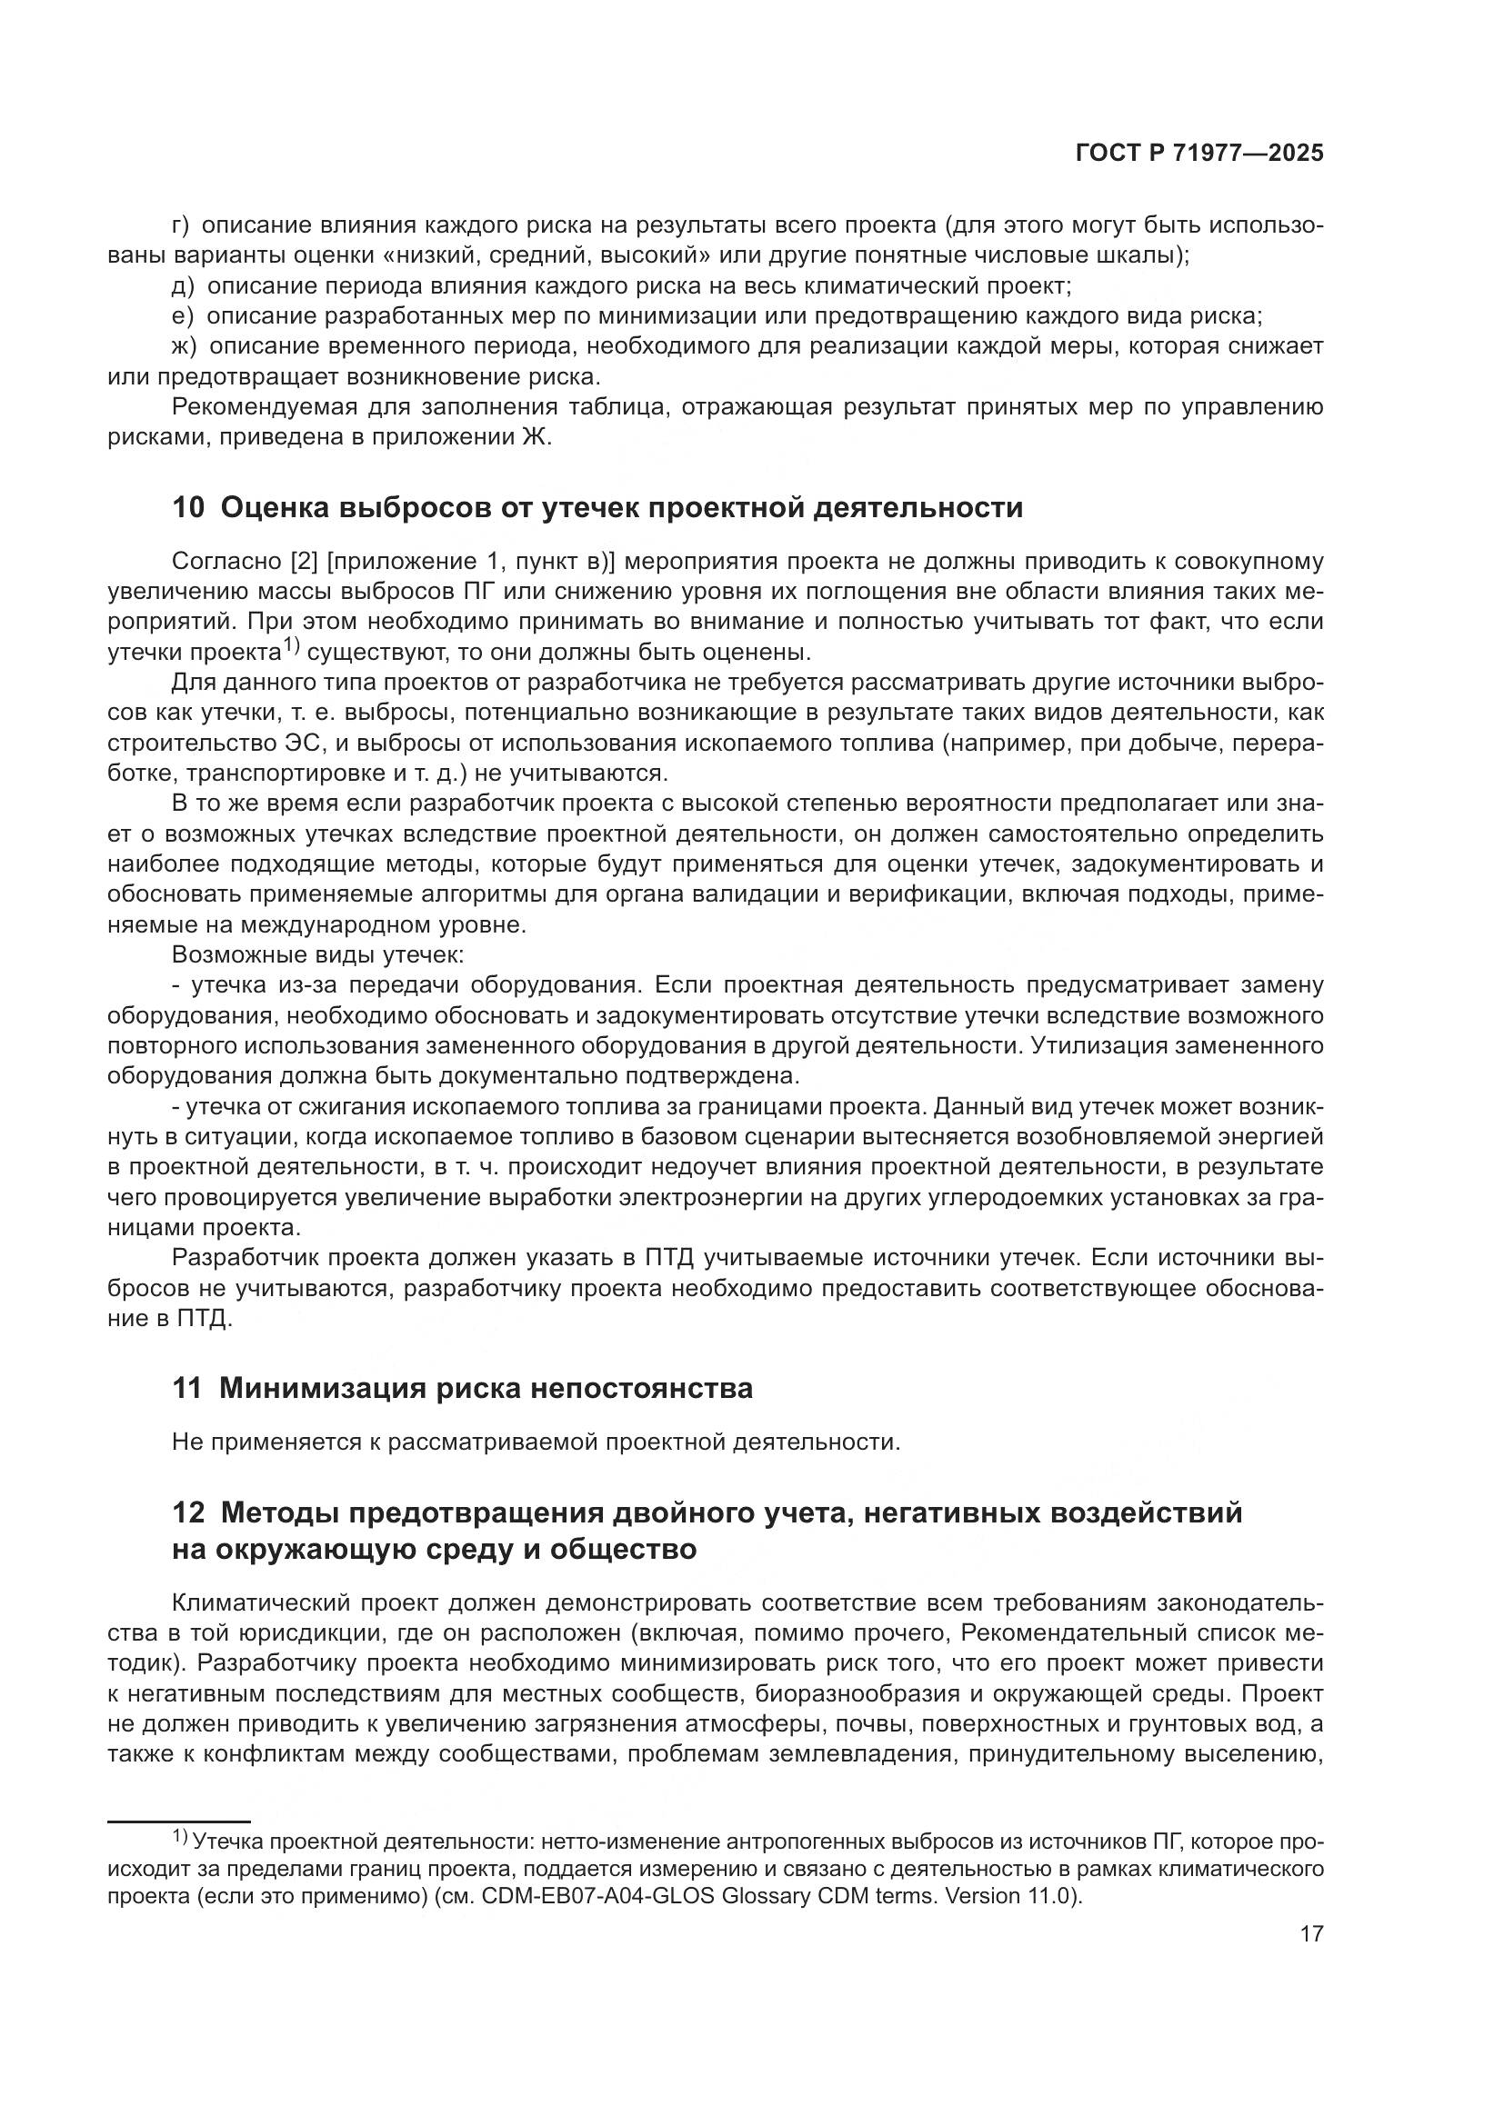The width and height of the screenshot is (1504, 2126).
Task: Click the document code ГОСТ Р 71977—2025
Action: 1199,154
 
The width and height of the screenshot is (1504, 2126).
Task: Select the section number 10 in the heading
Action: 187,508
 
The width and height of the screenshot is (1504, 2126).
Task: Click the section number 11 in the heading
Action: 186,1389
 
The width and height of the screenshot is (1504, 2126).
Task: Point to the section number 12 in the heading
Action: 187,1513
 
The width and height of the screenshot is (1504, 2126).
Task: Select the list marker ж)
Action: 185,346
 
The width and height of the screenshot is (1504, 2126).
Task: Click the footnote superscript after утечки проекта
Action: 292,645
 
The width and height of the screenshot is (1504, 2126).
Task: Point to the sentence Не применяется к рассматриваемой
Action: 536,1442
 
